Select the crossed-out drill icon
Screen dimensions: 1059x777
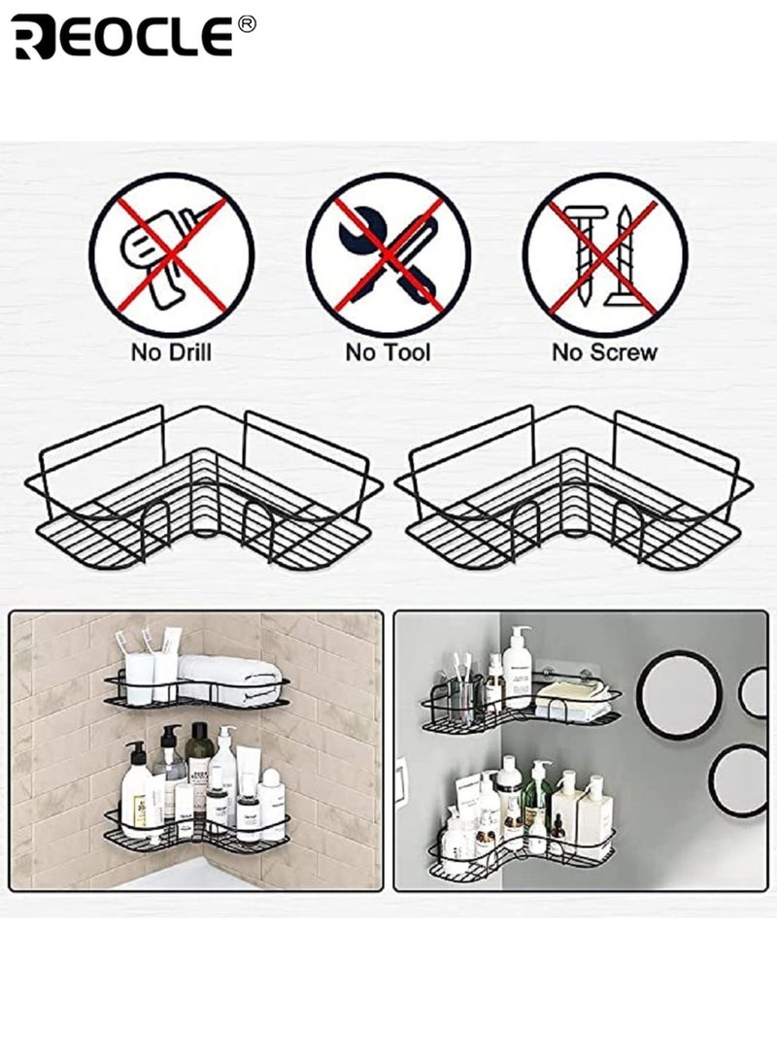[171, 255]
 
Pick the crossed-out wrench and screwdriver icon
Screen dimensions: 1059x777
[388, 255]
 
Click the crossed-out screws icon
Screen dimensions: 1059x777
[604, 255]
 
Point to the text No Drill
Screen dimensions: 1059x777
[171, 352]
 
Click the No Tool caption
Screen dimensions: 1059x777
[388, 352]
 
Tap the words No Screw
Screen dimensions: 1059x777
[604, 352]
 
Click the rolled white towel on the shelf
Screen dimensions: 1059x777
[231, 671]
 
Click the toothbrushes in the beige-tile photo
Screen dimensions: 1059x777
[136, 645]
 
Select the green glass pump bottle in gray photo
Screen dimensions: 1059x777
[537, 796]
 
